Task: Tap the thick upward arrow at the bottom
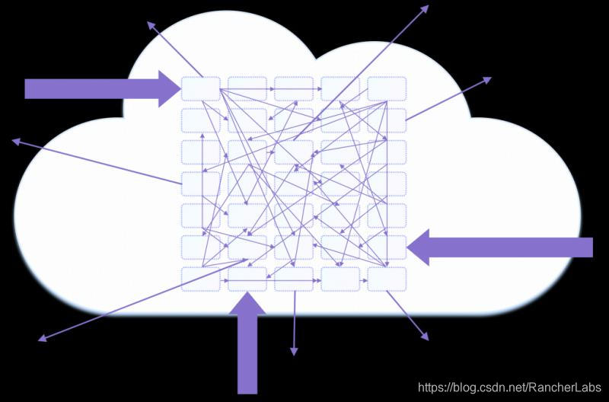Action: click(248, 343)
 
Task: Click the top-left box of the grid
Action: click(201, 88)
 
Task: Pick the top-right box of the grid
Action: click(387, 88)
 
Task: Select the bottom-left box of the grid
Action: click(201, 279)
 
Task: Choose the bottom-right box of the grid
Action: click(387, 279)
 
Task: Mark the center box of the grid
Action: click(294, 183)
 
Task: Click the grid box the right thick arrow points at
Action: click(387, 247)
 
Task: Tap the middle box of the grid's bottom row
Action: click(294, 279)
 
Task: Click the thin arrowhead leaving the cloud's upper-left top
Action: click(151, 24)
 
